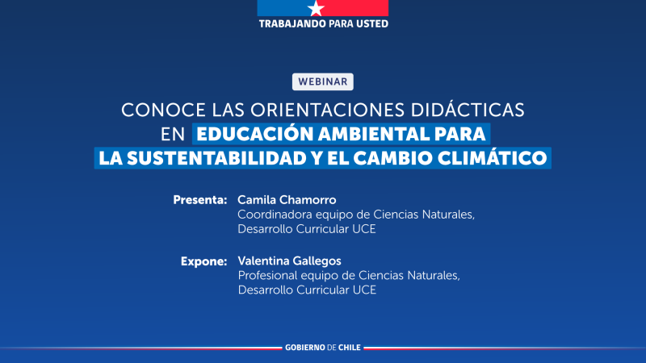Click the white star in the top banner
coord(315,7)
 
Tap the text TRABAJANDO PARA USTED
coord(323,23)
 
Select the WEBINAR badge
coord(323,81)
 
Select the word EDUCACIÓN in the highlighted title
coord(253,133)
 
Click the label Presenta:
coord(200,199)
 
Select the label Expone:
coord(203,261)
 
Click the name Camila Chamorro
coord(286,199)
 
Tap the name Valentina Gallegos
coord(290,261)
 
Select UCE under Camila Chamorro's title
coord(364,229)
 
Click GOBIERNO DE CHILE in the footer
coord(323,347)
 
